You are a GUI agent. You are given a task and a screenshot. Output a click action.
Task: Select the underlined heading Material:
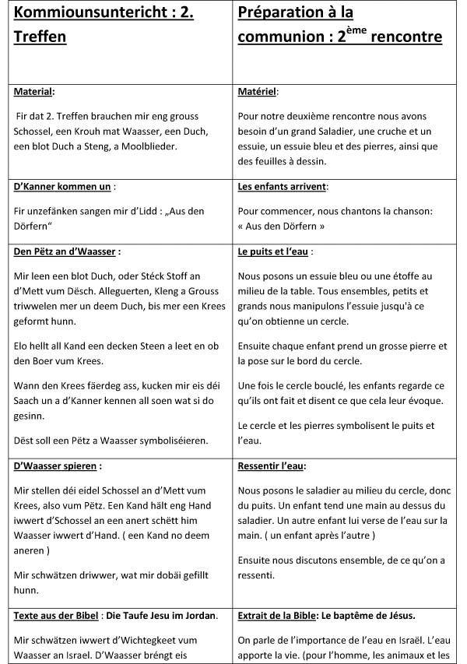pos(34,91)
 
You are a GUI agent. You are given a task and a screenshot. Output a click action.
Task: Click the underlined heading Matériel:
pos(257,91)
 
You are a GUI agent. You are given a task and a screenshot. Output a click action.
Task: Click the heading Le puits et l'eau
pos(275,252)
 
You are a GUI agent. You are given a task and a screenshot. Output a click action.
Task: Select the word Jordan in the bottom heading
pos(199,616)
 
